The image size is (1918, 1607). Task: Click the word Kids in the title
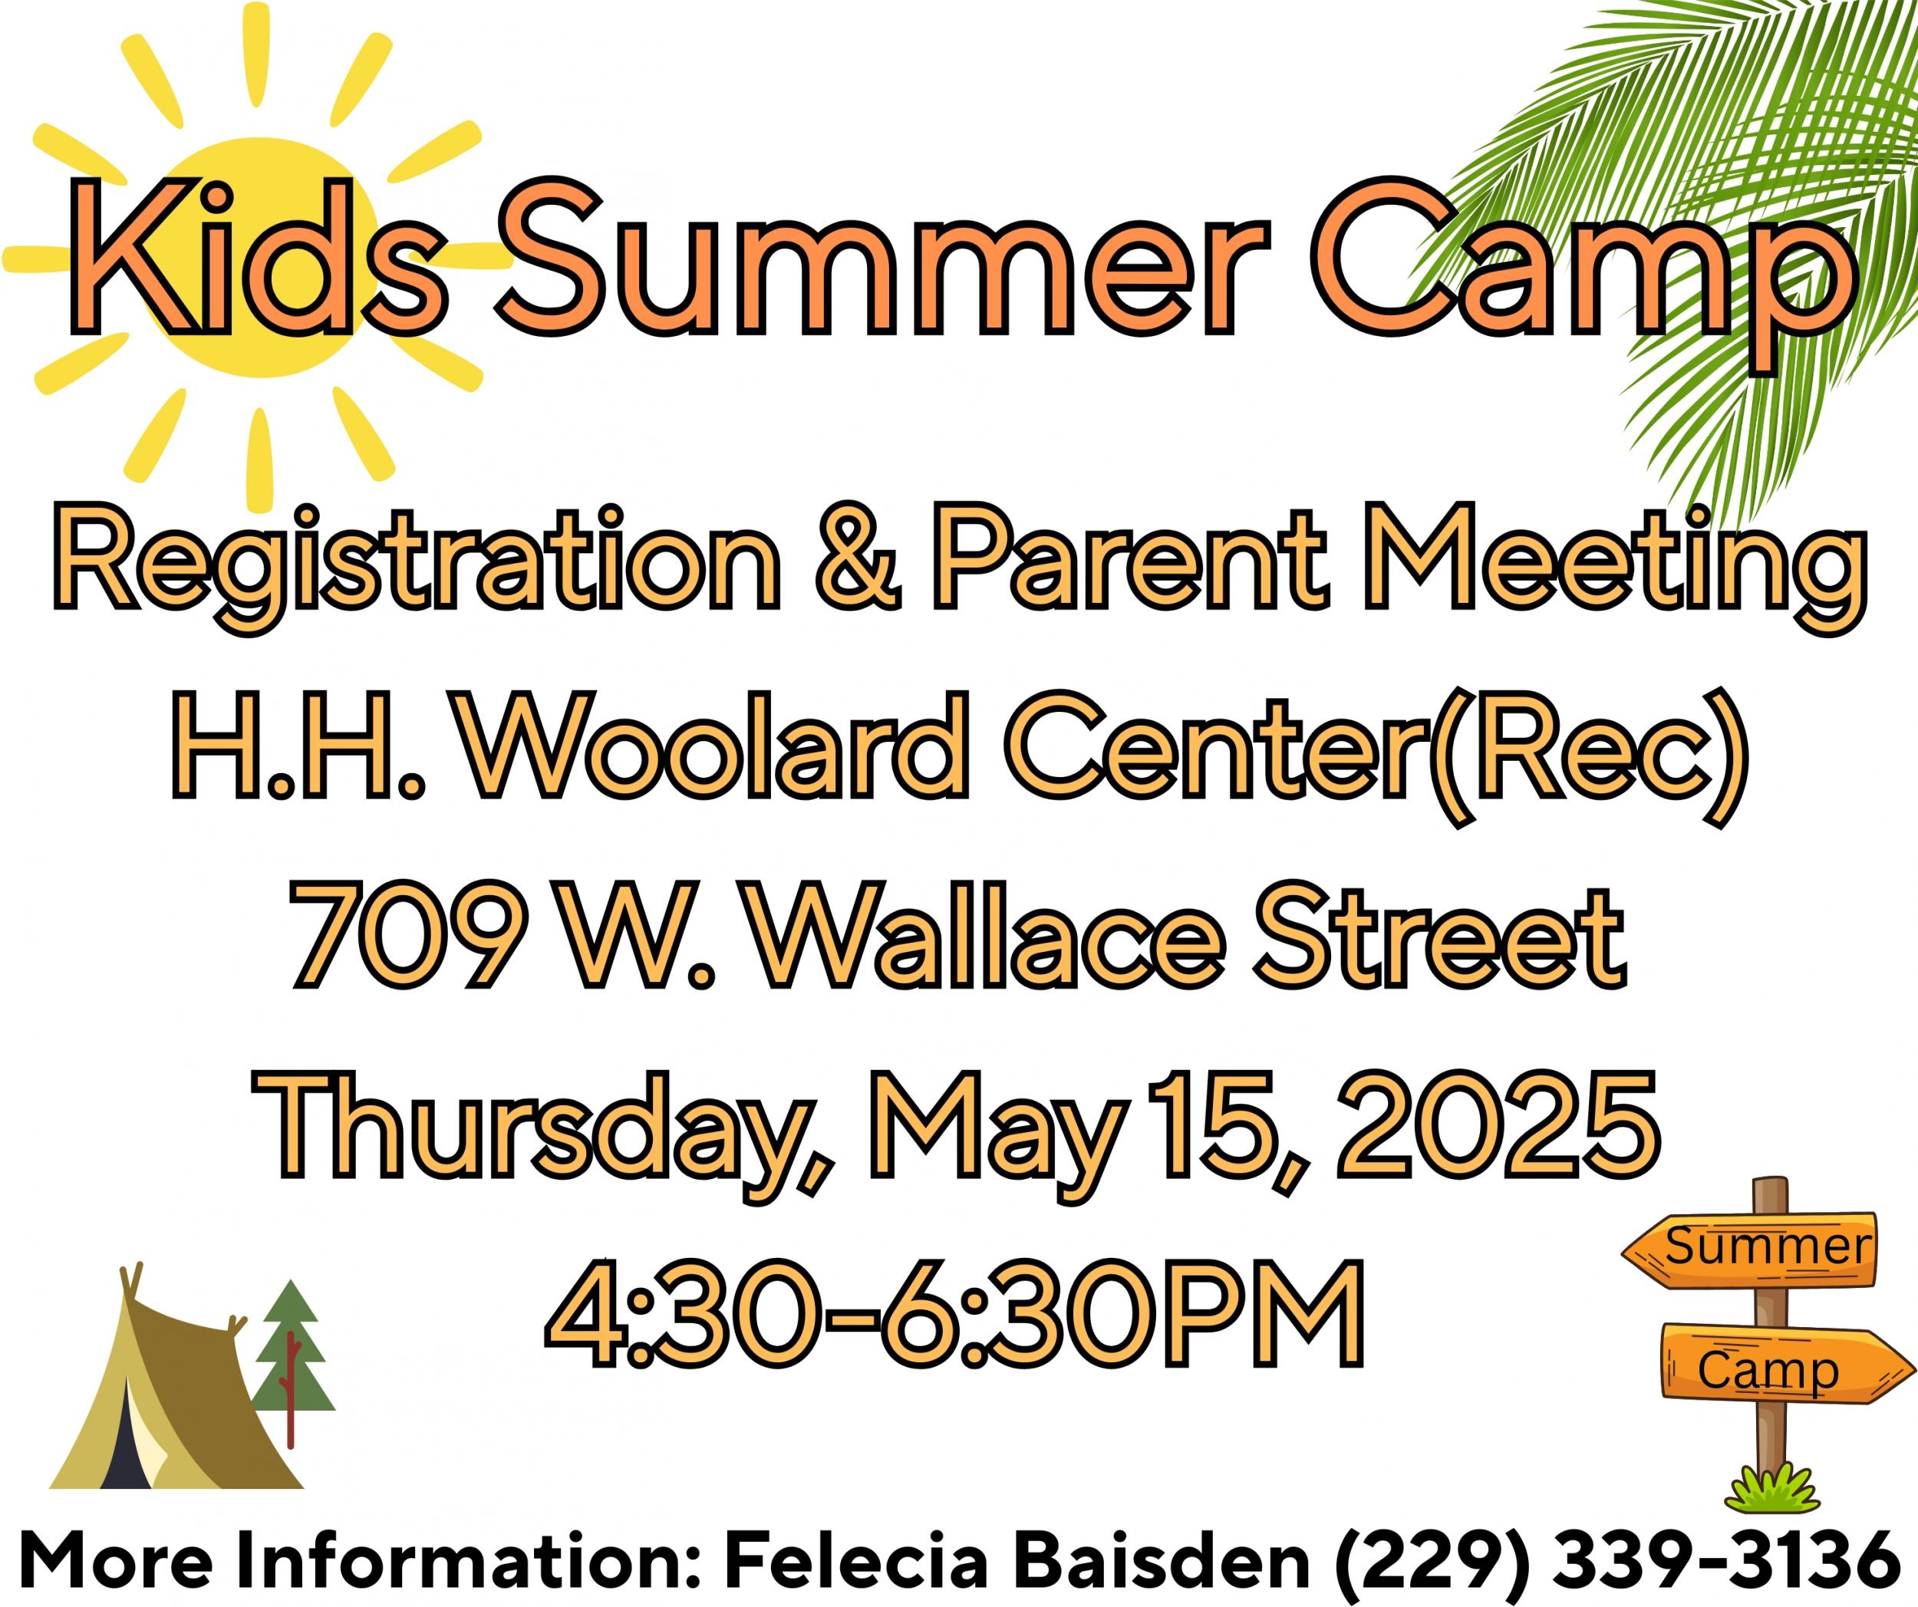pyautogui.click(x=259, y=259)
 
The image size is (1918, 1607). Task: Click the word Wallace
pyautogui.click(x=987, y=935)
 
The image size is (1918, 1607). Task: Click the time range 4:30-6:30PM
pyautogui.click(x=954, y=1314)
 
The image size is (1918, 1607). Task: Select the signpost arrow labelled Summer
pyautogui.click(x=1748, y=1248)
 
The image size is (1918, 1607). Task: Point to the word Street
pyautogui.click(x=1439, y=935)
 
